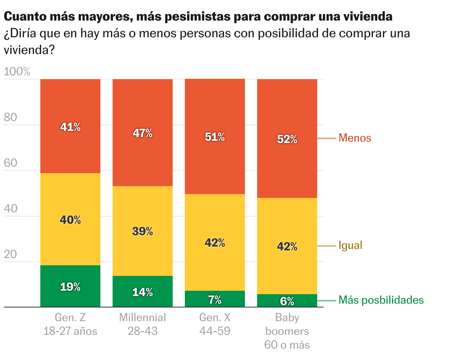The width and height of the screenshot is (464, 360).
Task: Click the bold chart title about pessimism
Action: point(198,17)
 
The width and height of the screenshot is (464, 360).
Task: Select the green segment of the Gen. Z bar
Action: point(70,278)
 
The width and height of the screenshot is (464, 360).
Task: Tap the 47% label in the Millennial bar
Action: point(143,133)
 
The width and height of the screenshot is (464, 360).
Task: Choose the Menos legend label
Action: point(355,138)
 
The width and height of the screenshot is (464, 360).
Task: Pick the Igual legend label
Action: point(350,245)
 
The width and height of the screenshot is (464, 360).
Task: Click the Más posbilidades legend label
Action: point(381,300)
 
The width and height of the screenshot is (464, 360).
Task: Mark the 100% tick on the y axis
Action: point(17,72)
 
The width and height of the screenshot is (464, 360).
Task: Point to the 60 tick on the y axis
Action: point(11,163)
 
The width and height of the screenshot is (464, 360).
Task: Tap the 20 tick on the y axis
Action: point(11,255)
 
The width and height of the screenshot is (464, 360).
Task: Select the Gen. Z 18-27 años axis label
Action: point(70,324)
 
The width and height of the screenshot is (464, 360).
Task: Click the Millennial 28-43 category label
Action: point(143,324)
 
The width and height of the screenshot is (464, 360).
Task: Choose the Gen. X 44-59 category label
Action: point(215,324)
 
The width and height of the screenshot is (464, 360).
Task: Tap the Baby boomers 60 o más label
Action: point(287,331)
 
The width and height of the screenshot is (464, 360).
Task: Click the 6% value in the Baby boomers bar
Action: point(287,301)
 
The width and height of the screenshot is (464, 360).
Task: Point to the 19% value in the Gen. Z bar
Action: point(70,287)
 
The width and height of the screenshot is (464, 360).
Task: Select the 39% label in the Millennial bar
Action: point(143,231)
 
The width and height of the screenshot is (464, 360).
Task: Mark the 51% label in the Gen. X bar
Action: point(215,137)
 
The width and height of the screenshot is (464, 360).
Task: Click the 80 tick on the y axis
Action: point(11,118)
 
